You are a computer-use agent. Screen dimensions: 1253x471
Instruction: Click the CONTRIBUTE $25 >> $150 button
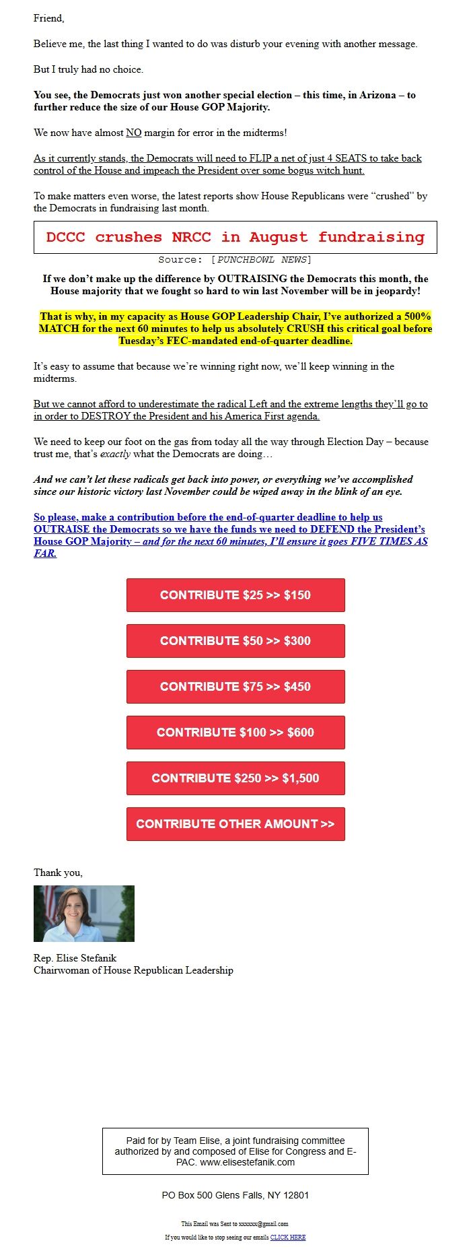[235, 595]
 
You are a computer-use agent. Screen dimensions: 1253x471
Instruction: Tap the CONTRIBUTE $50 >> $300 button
[235, 641]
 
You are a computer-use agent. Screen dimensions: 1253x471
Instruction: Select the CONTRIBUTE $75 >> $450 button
[235, 687]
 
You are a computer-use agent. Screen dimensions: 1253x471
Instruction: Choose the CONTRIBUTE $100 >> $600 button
[235, 733]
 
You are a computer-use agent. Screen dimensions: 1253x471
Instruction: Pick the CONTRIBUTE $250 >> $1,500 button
[235, 778]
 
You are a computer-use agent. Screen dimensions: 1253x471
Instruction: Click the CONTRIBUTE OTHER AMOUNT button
[235, 824]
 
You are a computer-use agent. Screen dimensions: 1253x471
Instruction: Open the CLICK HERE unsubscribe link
[288, 1237]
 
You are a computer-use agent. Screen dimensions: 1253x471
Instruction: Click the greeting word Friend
[48, 18]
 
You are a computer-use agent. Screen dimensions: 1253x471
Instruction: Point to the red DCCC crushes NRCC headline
[235, 237]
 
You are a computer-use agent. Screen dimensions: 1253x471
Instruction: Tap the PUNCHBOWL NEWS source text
[262, 260]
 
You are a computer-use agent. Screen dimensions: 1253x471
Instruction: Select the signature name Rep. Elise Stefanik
[75, 958]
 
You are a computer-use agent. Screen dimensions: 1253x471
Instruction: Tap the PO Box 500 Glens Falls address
[235, 1195]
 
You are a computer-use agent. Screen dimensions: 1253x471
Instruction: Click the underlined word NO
[134, 133]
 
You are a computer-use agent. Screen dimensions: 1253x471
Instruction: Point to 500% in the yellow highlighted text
[417, 316]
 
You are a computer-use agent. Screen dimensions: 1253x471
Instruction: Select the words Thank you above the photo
[58, 873]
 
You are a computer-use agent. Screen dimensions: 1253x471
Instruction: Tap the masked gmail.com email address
[263, 1223]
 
